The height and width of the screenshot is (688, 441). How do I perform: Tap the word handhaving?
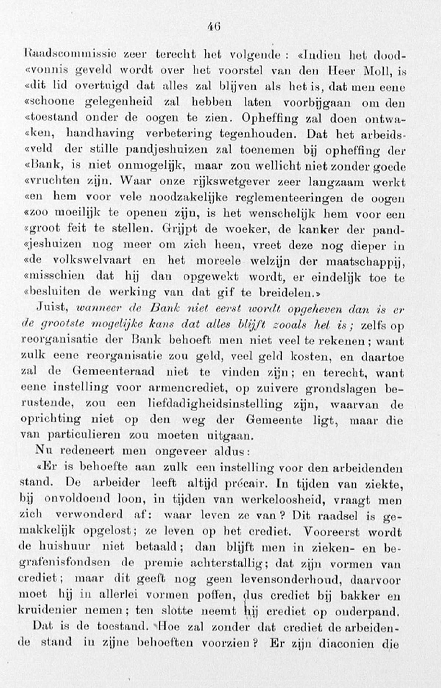click(100, 134)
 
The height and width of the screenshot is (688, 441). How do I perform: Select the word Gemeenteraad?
click(113, 372)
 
